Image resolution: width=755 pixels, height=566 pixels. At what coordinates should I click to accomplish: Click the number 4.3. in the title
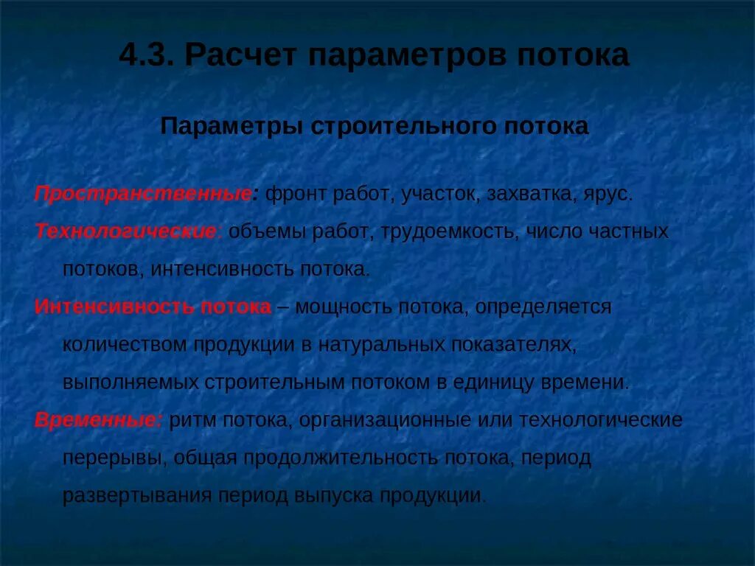(146, 56)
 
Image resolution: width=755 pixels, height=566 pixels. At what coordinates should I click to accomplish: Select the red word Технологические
(125, 231)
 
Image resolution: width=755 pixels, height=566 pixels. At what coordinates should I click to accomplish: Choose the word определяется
(543, 307)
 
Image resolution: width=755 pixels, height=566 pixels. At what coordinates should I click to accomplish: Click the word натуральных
(380, 344)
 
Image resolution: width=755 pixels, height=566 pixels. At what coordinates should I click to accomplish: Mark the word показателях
(511, 344)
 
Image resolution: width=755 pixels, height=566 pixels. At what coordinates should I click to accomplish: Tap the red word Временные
(99, 420)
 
